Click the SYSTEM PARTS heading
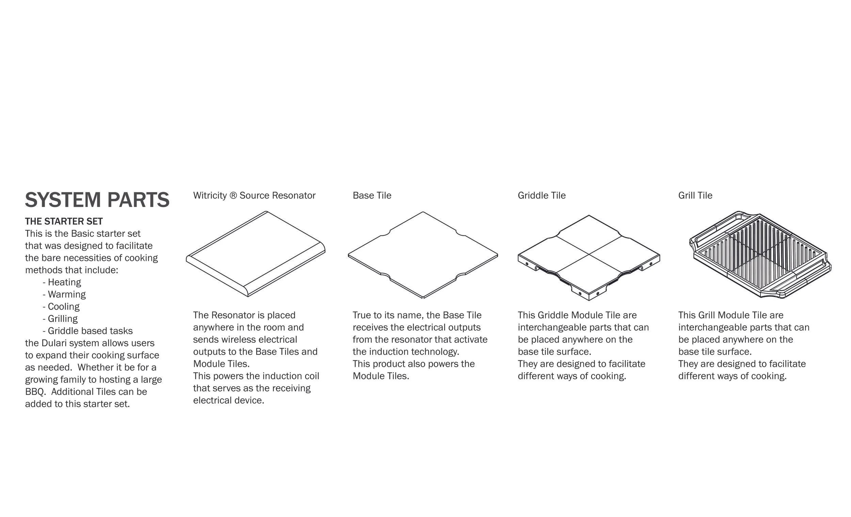97,200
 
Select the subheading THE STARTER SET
64,221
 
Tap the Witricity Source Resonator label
254,195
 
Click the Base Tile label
372,195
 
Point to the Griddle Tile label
542,195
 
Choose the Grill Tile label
695,195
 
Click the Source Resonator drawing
256,254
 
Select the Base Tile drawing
423,255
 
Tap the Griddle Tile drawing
589,258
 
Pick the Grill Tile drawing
760,255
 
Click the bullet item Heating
62,282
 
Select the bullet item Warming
64,294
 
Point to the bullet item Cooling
61,306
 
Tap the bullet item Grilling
60,318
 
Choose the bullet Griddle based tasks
88,331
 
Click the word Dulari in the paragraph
54,343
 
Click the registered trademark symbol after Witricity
233,195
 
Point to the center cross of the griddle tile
589,254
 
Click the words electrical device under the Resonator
229,400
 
